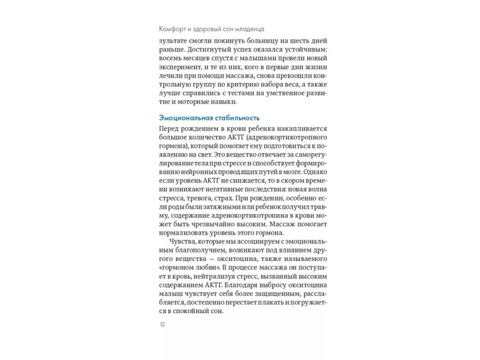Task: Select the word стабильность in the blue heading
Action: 236,118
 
